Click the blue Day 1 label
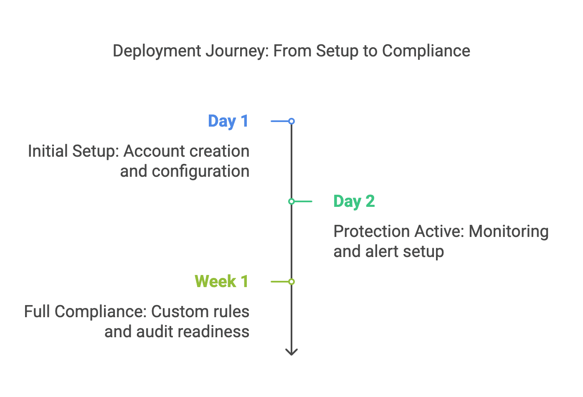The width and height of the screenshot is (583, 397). [228, 121]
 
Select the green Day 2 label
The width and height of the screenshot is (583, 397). [354, 201]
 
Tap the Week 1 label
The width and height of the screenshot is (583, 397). [221, 282]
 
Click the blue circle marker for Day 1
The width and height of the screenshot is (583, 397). [291, 121]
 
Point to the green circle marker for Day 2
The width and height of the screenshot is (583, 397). [291, 201]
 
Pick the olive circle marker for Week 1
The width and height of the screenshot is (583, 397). [291, 282]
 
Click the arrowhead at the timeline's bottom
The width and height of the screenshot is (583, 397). [291, 352]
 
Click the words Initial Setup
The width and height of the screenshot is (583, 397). [73, 151]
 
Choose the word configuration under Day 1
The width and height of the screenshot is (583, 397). [200, 171]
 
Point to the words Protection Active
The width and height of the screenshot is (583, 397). [398, 232]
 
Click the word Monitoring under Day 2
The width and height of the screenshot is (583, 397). [508, 232]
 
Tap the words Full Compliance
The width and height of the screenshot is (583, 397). [85, 312]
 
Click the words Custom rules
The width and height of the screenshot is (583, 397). [200, 312]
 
